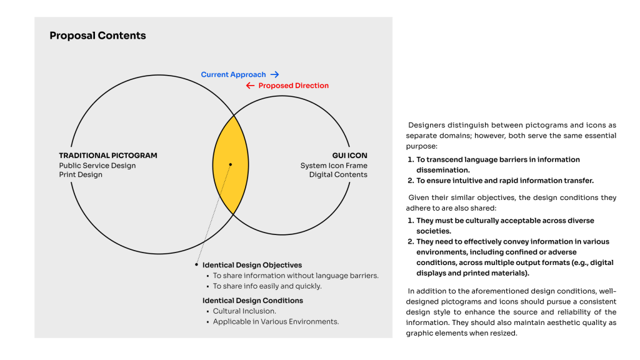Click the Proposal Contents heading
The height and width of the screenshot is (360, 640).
(97, 36)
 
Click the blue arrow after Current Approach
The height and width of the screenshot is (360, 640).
(274, 74)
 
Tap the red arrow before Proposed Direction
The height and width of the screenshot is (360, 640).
(250, 86)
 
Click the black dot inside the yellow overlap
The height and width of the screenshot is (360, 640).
(231, 165)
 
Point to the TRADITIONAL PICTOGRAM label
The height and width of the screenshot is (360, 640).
(108, 156)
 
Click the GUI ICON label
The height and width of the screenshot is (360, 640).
(349, 156)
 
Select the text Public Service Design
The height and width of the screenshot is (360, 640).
(97, 166)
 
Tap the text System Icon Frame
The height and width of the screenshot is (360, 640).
(334, 166)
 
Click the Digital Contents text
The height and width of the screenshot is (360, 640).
(338, 175)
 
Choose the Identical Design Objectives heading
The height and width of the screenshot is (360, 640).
(252, 265)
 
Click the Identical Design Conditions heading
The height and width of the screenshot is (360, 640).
(252, 301)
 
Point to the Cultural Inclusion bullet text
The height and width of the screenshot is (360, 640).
(244, 311)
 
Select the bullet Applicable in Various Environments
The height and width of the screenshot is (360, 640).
(276, 322)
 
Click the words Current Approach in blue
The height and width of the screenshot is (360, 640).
(233, 74)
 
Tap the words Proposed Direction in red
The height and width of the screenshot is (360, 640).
(293, 86)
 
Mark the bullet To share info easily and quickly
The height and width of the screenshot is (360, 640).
(267, 286)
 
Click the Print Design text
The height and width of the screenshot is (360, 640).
(81, 175)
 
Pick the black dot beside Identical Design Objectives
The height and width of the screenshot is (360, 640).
(196, 265)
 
